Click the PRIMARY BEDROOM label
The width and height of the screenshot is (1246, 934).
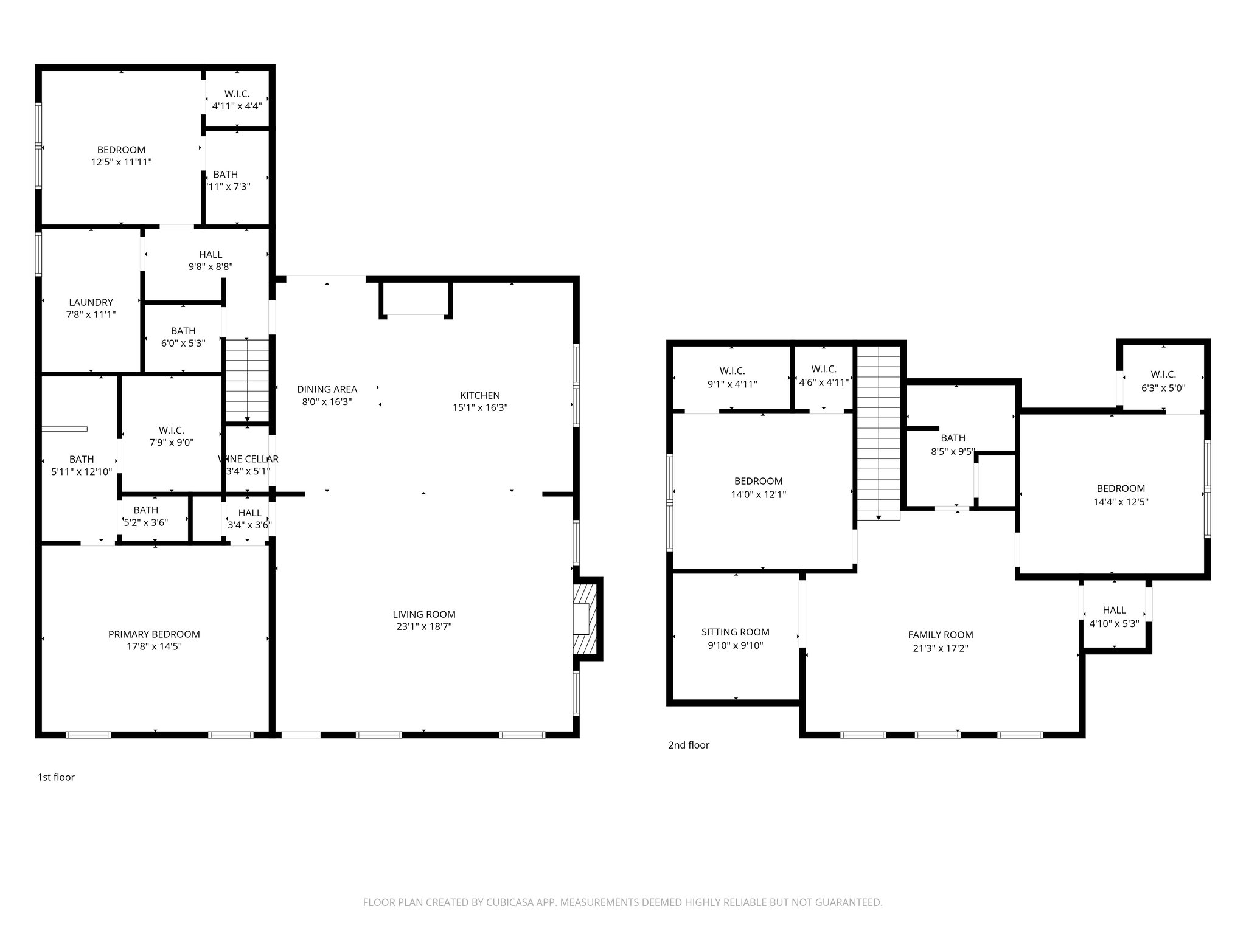coord(154,634)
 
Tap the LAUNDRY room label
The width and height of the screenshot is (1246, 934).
coord(91,302)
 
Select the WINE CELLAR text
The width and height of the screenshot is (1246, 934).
coord(248,459)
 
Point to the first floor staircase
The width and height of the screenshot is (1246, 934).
coord(247,380)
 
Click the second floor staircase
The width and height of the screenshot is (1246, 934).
coord(879,432)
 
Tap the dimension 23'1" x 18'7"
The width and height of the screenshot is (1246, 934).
coord(423,627)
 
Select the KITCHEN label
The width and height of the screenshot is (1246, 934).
coord(479,395)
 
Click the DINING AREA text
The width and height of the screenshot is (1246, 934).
coord(327,389)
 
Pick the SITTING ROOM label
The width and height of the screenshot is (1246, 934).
coord(735,632)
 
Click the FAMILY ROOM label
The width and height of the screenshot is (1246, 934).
coord(940,635)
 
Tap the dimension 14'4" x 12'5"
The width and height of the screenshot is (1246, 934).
coord(1121,502)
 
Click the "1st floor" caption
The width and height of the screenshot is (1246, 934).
coord(56,777)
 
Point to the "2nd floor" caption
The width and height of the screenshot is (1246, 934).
coord(689,745)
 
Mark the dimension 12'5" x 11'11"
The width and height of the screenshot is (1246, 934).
coord(121,162)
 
